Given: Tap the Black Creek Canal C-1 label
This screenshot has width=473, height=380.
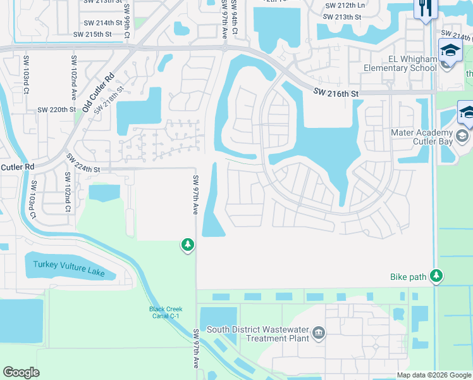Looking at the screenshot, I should (166, 313).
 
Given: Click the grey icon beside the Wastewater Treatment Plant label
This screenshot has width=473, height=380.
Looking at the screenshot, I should (319, 332).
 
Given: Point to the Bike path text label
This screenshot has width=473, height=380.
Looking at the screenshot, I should (408, 277).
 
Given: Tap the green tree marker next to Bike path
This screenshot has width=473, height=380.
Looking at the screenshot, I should (436, 275).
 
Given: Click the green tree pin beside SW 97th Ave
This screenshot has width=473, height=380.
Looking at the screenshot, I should (187, 244).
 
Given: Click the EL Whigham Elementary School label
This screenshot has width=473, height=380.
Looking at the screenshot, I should (399, 63).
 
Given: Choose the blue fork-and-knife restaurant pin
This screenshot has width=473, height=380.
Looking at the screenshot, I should (424, 8).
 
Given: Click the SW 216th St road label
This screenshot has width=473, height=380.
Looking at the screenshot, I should (336, 93).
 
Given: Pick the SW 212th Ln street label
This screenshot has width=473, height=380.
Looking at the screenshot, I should (345, 5).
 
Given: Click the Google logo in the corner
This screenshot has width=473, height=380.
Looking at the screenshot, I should (21, 372).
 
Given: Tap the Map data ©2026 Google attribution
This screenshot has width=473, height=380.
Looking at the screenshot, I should (434, 375).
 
